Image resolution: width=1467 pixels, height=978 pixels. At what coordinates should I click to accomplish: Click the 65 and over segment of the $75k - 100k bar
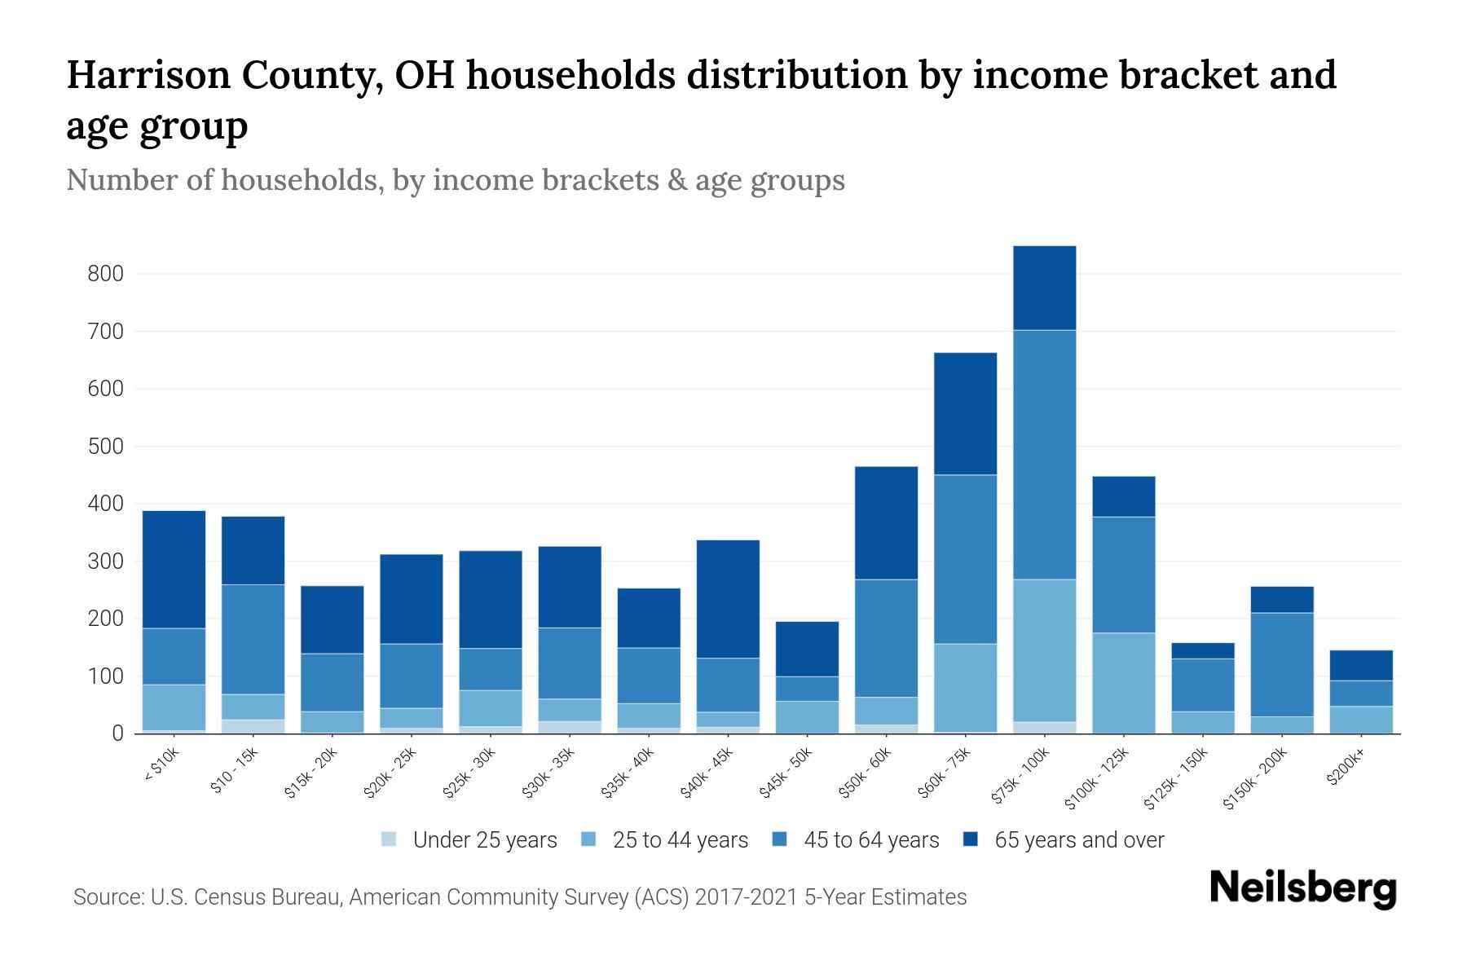pyautogui.click(x=1044, y=288)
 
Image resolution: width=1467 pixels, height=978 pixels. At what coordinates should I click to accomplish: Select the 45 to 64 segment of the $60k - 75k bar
pyautogui.click(x=965, y=559)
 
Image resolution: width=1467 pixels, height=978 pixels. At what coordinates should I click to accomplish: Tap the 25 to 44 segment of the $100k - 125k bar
pyautogui.click(x=1123, y=683)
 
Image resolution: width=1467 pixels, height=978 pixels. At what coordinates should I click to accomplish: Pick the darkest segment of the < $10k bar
pyautogui.click(x=174, y=569)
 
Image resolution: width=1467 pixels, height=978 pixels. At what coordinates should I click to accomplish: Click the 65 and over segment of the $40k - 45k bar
pyautogui.click(x=728, y=599)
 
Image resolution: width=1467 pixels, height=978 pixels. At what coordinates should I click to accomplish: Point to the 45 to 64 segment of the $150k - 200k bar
pyautogui.click(x=1282, y=664)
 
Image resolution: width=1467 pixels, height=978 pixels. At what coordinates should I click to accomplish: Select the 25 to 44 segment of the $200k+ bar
pyautogui.click(x=1361, y=720)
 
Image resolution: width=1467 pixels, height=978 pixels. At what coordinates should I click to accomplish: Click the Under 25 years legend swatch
pyautogui.click(x=390, y=839)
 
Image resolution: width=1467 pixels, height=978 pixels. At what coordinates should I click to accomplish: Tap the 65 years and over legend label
pyautogui.click(x=1079, y=840)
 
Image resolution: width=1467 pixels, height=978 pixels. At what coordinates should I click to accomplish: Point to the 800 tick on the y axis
pyautogui.click(x=105, y=274)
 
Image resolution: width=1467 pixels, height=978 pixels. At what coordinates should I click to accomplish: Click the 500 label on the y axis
pyautogui.click(x=105, y=447)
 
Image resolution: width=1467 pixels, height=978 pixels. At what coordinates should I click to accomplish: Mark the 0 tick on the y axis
pyautogui.click(x=117, y=734)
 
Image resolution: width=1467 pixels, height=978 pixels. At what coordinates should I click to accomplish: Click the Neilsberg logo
pyautogui.click(x=1302, y=888)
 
